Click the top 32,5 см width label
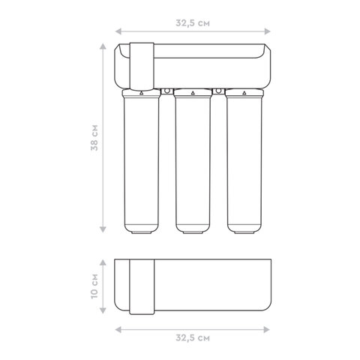click(x=193, y=23)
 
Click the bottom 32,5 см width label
click(x=193, y=338)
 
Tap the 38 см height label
click(x=94, y=137)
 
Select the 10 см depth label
click(x=94, y=286)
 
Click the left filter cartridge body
click(x=142, y=163)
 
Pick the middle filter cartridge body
click(x=193, y=163)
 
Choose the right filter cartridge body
click(x=244, y=163)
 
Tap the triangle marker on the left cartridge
click(x=142, y=93)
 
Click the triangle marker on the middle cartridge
click(x=193, y=93)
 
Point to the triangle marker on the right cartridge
click(x=244, y=93)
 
